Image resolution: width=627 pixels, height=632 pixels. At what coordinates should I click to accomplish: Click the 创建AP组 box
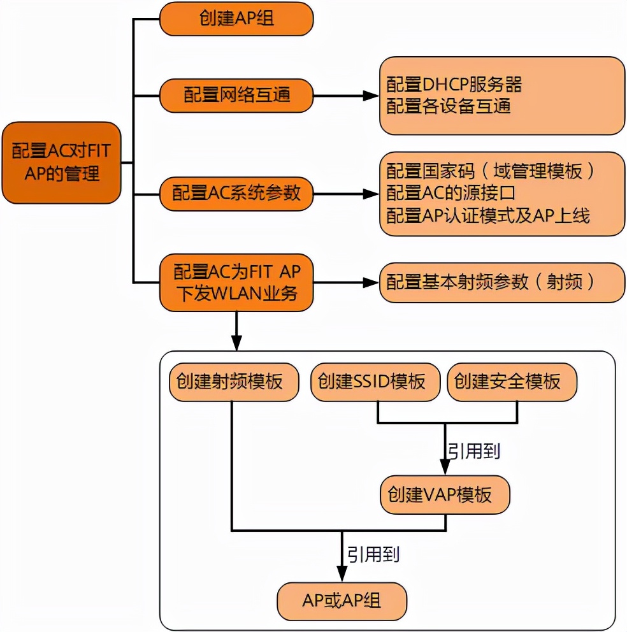click(236, 20)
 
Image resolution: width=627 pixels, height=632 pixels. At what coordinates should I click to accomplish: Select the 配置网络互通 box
click(236, 96)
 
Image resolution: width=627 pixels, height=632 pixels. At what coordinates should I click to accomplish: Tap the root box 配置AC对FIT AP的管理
click(61, 162)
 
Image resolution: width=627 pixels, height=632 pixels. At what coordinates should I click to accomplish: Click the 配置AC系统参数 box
click(236, 193)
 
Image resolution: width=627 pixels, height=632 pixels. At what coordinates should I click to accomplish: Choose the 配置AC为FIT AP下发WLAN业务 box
click(236, 283)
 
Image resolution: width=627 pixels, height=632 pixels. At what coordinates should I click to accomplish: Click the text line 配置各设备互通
click(449, 106)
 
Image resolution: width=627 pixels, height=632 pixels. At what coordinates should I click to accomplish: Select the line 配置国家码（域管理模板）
click(491, 171)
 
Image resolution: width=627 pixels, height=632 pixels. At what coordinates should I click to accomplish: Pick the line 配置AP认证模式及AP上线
click(489, 215)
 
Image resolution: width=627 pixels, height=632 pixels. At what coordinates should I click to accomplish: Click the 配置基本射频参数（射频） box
click(502, 282)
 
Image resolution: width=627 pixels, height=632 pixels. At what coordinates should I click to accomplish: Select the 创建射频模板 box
click(234, 382)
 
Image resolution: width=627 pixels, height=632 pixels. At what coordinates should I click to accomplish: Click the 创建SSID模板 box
click(377, 382)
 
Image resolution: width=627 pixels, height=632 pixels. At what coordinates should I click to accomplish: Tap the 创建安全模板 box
click(512, 382)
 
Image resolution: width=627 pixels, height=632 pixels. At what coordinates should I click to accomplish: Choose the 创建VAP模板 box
click(445, 494)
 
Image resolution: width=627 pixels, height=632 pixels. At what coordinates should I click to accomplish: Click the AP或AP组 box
click(342, 601)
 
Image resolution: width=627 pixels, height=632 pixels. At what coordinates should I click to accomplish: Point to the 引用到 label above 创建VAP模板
click(473, 451)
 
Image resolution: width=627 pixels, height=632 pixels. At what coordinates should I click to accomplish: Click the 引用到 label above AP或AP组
click(373, 554)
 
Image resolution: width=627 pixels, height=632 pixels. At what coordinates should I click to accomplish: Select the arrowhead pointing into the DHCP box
click(371, 96)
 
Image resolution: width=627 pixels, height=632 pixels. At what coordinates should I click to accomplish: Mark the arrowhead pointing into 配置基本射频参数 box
click(371, 282)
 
